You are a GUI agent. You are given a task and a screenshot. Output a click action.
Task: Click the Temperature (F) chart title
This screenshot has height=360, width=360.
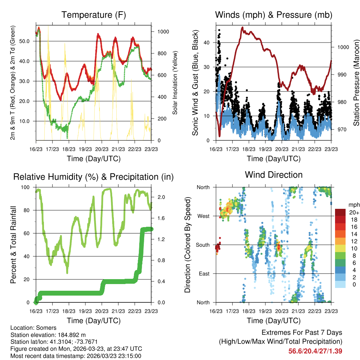[94, 15]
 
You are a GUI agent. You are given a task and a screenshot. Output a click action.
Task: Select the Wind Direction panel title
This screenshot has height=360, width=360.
[274, 175]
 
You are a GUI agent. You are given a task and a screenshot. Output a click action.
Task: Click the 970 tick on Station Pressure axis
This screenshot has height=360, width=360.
[342, 129]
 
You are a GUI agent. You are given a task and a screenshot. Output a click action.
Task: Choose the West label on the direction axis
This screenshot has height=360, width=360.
[203, 216]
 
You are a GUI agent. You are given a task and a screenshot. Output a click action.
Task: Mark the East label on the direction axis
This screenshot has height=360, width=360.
[204, 274]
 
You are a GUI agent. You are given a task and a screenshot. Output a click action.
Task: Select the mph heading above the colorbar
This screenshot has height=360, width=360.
[353, 205]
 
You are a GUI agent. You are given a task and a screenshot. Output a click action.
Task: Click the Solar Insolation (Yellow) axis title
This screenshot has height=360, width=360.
[175, 83]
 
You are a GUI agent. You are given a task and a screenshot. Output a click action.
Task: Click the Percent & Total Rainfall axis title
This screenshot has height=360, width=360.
[13, 244]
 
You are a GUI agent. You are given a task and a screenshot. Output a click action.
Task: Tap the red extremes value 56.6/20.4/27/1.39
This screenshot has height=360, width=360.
[315, 351]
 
